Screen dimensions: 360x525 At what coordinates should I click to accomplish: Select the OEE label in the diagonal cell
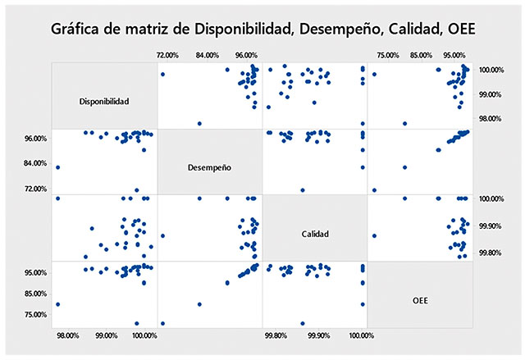(420, 300)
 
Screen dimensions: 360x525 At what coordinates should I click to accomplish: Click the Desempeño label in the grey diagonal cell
(209, 167)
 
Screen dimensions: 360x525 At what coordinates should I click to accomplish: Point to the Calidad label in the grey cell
(315, 234)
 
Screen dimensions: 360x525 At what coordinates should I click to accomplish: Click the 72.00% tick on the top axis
(167, 54)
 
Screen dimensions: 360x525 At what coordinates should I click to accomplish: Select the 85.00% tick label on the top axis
(421, 54)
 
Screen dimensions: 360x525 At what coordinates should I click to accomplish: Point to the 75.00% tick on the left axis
(35, 314)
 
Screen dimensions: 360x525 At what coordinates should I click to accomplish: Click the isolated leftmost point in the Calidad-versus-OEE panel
(374, 236)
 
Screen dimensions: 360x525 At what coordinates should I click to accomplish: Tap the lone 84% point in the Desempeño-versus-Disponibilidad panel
(57, 167)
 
